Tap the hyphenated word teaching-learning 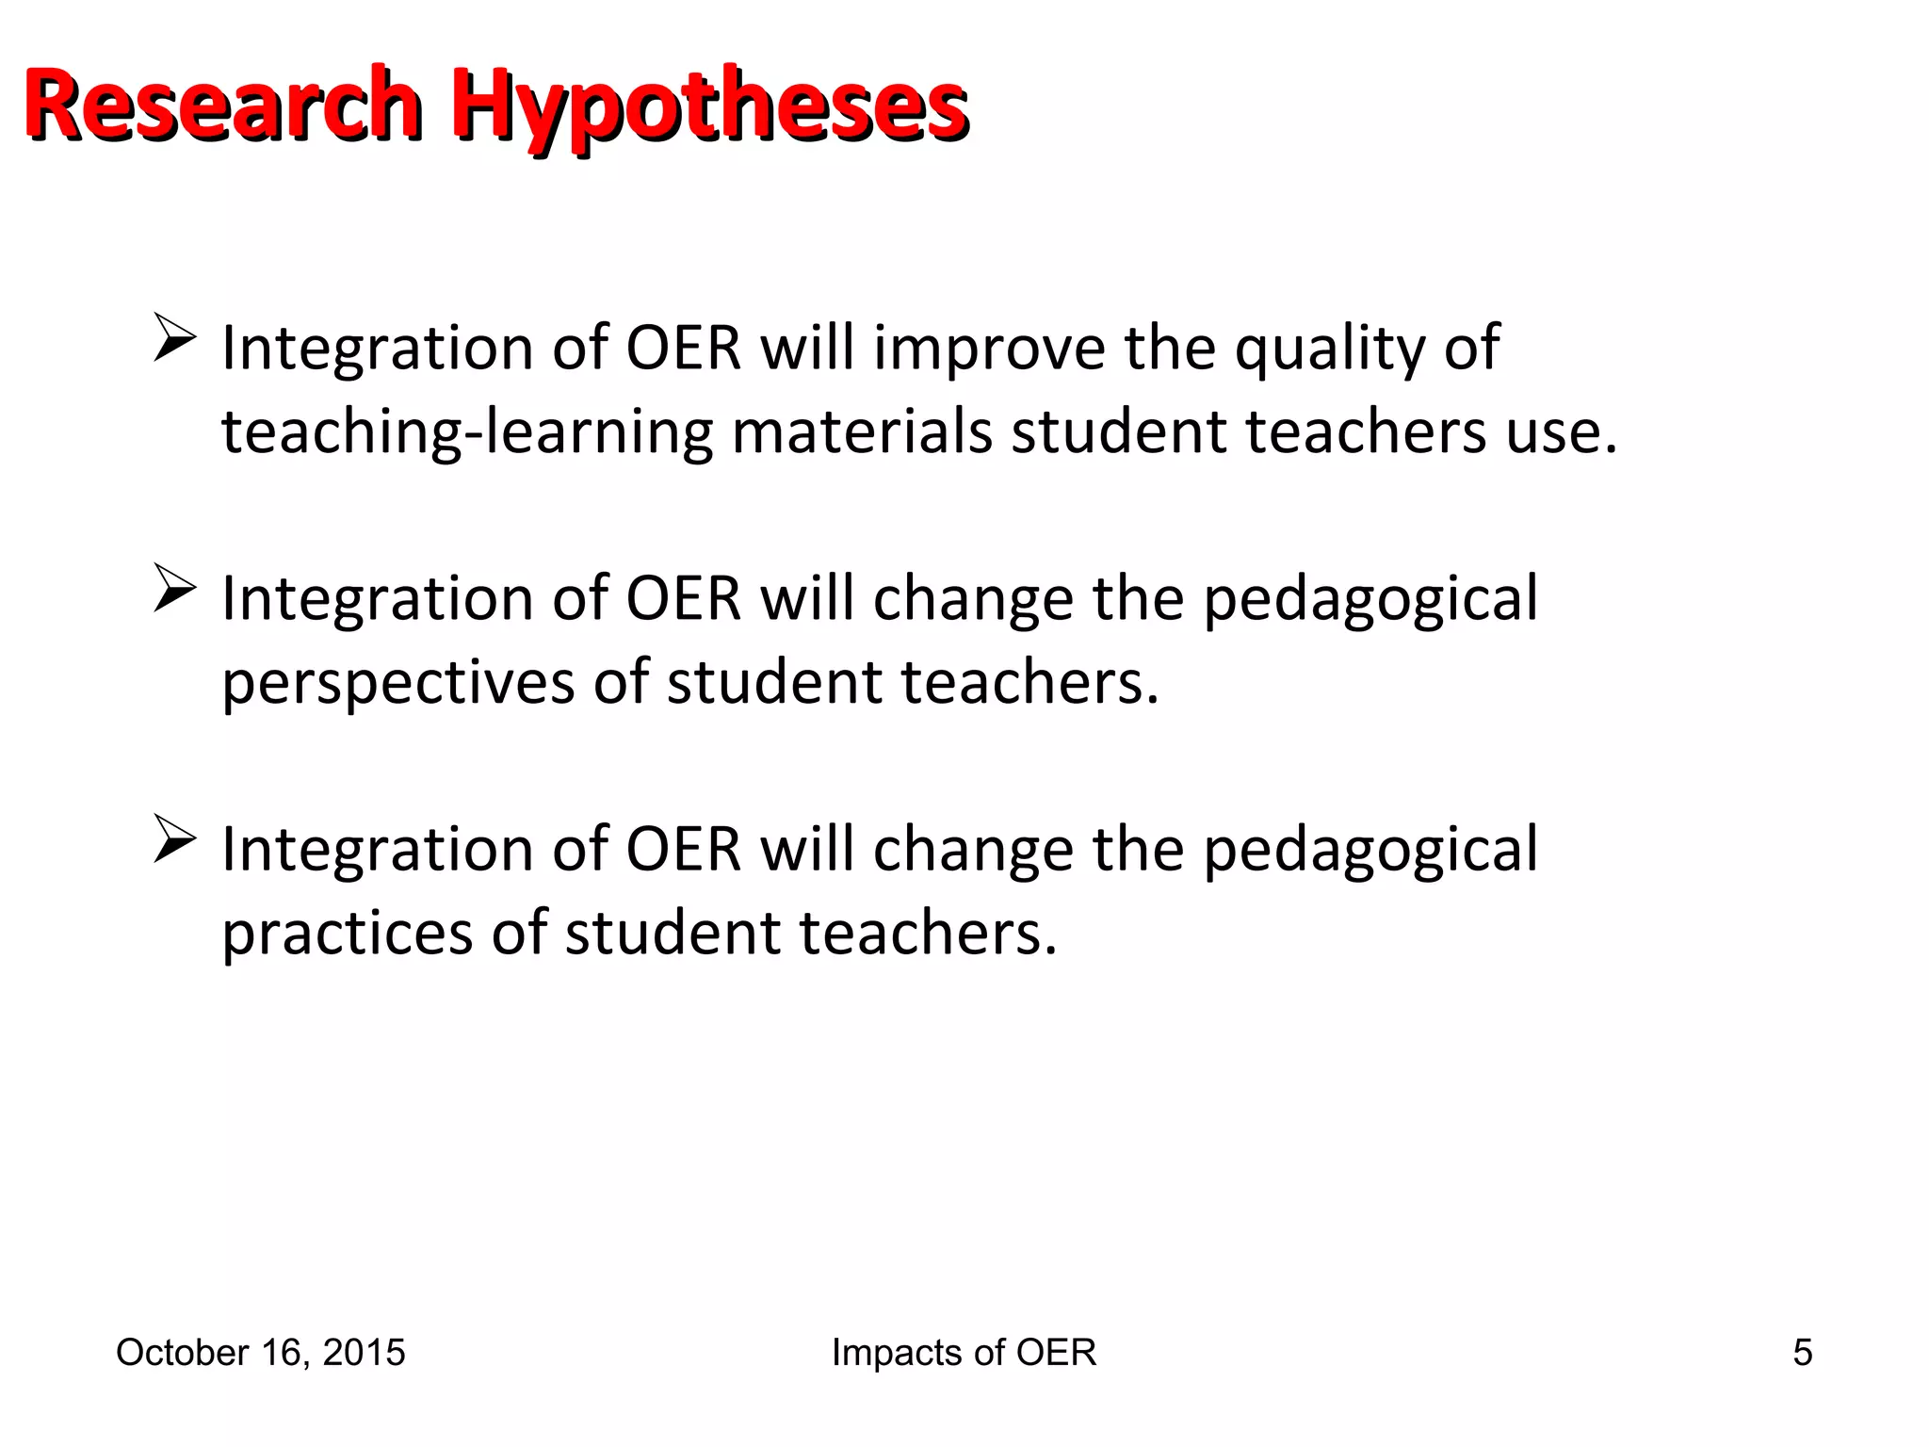pyautogui.click(x=466, y=432)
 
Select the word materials pyautogui.click(x=862, y=432)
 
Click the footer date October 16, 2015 pyautogui.click(x=261, y=1353)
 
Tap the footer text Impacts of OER pyautogui.click(x=964, y=1353)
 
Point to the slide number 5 pyautogui.click(x=1802, y=1353)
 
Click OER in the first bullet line pyautogui.click(x=684, y=349)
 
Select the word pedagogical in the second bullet pyautogui.click(x=1370, y=600)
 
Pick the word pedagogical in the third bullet pyautogui.click(x=1370, y=851)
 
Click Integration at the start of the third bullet pyautogui.click(x=378, y=851)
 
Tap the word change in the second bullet pyautogui.click(x=973, y=600)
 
